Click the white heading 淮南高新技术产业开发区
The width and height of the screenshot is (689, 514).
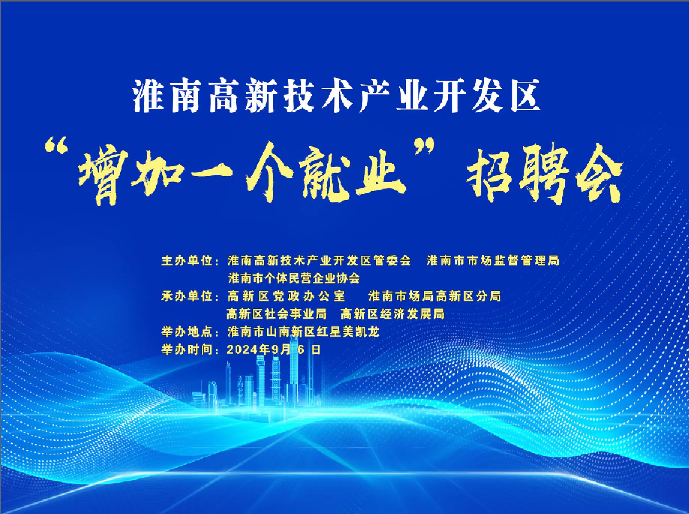(336, 96)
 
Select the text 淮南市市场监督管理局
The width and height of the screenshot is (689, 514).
(493, 260)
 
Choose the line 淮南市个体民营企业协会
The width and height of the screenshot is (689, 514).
(294, 278)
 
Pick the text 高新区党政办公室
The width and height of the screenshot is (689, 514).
(286, 296)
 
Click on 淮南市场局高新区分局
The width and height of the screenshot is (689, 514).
(435, 296)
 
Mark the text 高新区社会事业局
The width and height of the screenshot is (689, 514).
(276, 314)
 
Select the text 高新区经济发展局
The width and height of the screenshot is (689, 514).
(392, 314)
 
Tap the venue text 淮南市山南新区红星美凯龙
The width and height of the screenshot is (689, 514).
(303, 332)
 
